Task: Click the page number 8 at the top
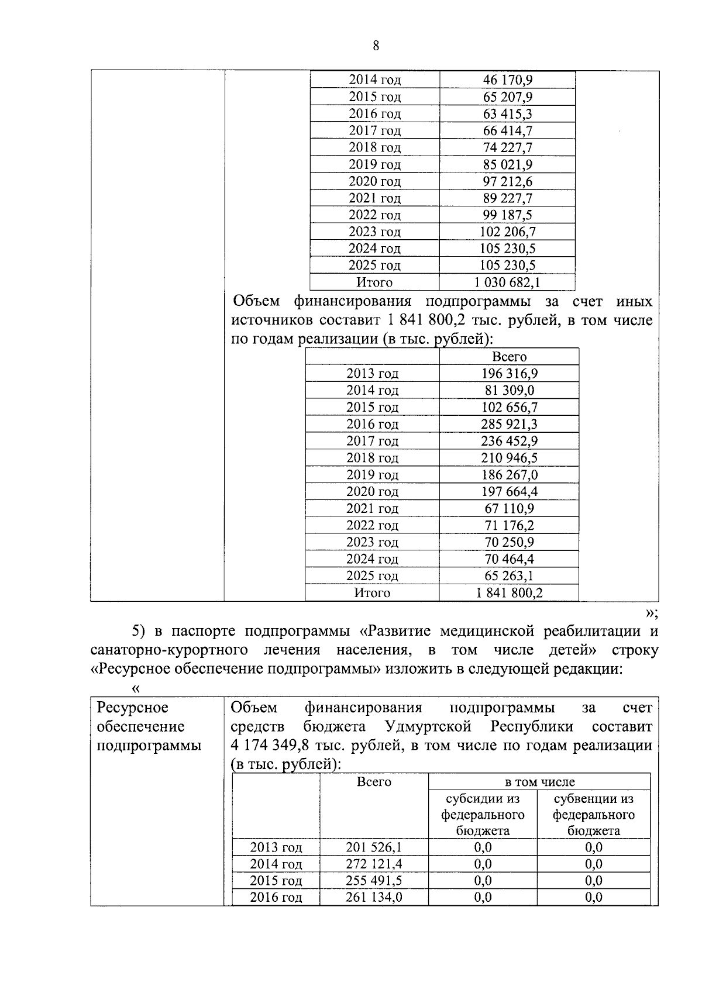(x=376, y=46)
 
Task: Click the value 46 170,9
(x=507, y=80)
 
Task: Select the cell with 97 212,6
(x=507, y=181)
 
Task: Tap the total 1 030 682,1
(x=507, y=282)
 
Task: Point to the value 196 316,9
(x=509, y=374)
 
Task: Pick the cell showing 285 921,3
(x=509, y=424)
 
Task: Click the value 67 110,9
(x=509, y=509)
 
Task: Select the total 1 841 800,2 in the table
(x=509, y=593)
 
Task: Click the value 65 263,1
(x=509, y=576)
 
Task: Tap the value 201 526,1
(x=374, y=847)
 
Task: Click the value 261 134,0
(x=374, y=898)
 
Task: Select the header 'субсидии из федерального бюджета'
(x=483, y=815)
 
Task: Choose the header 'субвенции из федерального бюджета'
(x=593, y=815)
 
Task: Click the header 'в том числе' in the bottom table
(x=539, y=782)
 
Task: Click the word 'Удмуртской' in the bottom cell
(x=428, y=727)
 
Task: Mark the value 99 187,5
(x=507, y=215)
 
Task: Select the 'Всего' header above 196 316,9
(x=509, y=357)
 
